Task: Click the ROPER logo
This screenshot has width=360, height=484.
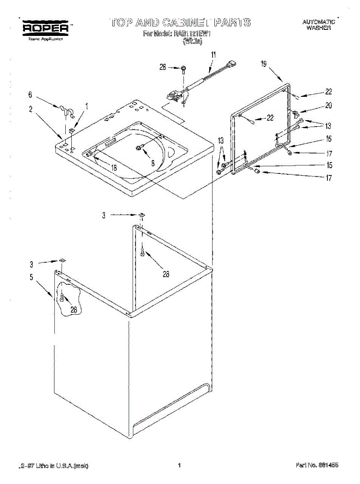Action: (x=46, y=28)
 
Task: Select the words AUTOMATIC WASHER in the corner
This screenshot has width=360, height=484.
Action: (x=318, y=25)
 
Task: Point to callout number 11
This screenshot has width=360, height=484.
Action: (x=214, y=54)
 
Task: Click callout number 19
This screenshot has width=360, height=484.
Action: (x=263, y=64)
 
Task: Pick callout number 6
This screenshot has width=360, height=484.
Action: (x=30, y=95)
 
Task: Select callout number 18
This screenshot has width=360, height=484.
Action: (x=114, y=168)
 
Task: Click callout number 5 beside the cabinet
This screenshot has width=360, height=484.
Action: (x=31, y=277)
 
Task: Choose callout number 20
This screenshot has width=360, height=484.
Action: (x=329, y=106)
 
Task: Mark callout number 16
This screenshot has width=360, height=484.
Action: (x=329, y=139)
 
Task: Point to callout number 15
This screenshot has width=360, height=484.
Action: (x=329, y=165)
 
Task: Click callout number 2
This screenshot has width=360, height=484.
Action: (x=31, y=108)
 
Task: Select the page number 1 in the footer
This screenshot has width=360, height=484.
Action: (x=179, y=465)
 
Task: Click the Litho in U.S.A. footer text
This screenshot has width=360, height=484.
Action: (x=54, y=465)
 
